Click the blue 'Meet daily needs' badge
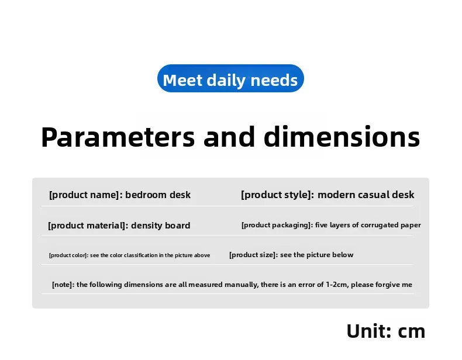(230, 78)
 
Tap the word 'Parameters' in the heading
(118, 137)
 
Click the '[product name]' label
(86, 195)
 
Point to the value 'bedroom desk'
(158, 195)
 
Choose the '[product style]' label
(277, 195)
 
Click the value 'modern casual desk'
(366, 195)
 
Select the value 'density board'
(161, 225)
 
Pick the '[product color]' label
(68, 255)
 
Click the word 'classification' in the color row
(141, 255)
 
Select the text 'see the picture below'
(316, 255)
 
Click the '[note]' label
(63, 285)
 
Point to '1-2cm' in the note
(336, 285)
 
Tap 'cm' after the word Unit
(412, 333)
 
